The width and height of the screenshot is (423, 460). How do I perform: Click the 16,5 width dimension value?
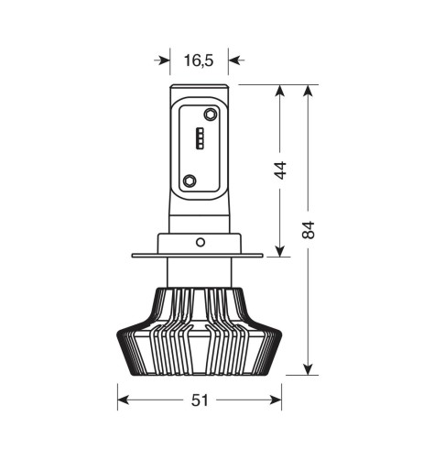(198, 60)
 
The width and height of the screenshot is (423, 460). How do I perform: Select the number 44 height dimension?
(280, 170)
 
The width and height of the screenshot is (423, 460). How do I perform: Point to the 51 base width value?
(199, 400)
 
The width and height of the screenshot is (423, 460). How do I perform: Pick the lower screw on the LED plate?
(190, 181)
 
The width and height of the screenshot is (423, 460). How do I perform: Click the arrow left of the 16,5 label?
(164, 60)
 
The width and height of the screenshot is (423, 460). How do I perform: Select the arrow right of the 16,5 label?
(234, 60)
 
